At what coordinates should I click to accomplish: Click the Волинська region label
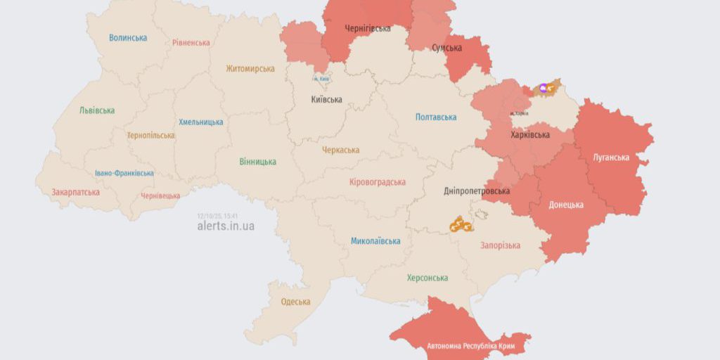click(x=128, y=38)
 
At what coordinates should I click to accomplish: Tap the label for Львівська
click(x=97, y=110)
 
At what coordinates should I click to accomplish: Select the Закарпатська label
click(x=75, y=192)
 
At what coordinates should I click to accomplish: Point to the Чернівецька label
click(x=160, y=196)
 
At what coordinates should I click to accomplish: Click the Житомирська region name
click(x=250, y=69)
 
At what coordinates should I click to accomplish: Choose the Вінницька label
click(x=257, y=162)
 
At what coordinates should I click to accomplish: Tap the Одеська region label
click(x=295, y=302)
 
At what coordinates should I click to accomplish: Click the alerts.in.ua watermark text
click(x=226, y=226)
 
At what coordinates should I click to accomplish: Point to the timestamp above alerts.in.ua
click(x=217, y=215)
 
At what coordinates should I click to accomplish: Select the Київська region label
click(x=326, y=99)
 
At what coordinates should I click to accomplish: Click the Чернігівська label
click(x=367, y=29)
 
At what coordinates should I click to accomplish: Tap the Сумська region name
click(x=447, y=48)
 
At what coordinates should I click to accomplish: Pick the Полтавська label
click(x=436, y=117)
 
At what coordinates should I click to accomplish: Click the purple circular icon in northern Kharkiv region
click(x=543, y=89)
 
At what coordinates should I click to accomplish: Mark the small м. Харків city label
click(x=520, y=113)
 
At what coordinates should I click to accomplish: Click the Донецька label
click(x=566, y=205)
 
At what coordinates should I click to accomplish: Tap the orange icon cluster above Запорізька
click(x=461, y=224)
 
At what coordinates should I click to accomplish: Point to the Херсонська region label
click(x=427, y=278)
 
